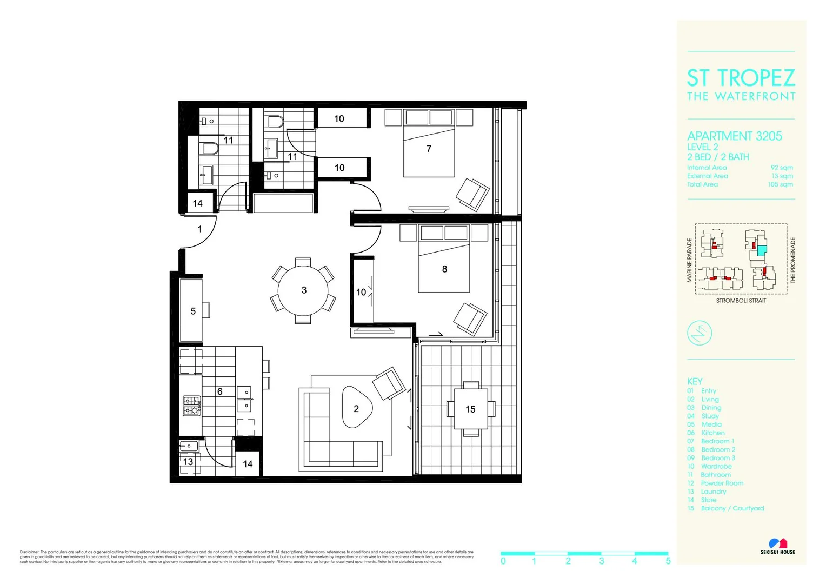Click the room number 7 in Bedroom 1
tap(429, 149)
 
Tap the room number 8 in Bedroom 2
tap(444, 269)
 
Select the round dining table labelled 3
tap(303, 290)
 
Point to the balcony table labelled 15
tap(470, 409)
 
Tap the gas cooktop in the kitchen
tap(192, 406)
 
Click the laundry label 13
tap(188, 462)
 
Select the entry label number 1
tap(199, 229)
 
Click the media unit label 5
tap(193, 311)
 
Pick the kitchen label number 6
tap(220, 391)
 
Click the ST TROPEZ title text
tap(741, 78)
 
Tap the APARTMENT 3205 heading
tap(734, 136)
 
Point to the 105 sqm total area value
tap(780, 184)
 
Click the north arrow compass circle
tap(699, 333)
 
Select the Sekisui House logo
tap(778, 546)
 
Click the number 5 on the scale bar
tap(668, 561)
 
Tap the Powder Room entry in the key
tap(722, 483)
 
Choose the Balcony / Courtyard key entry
tap(732, 508)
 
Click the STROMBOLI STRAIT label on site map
tap(741, 301)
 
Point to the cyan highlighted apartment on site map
tap(761, 250)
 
